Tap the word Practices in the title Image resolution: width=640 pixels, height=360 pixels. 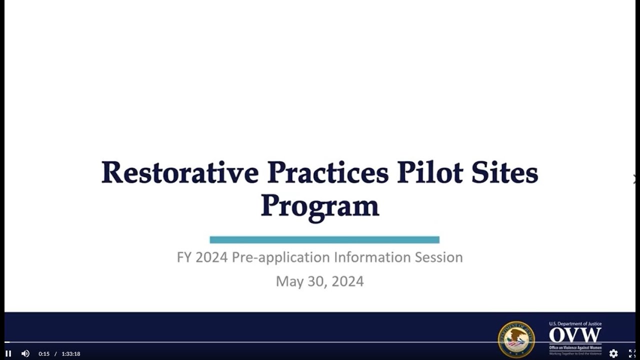(x=328, y=172)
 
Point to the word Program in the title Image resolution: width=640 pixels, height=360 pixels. (x=319, y=206)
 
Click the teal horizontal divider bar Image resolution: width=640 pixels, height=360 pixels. (x=324, y=240)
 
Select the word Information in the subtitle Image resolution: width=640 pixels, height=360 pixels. (x=372, y=257)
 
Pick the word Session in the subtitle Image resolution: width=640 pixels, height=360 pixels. (x=439, y=257)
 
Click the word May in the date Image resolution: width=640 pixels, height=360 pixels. (x=289, y=281)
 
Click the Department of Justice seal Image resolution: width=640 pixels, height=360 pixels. (x=516, y=339)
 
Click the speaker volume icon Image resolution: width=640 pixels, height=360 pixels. (x=25, y=353)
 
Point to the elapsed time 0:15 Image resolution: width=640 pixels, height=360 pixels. (x=44, y=354)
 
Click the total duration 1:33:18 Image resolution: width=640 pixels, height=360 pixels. (x=71, y=354)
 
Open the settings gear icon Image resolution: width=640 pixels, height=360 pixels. (x=613, y=353)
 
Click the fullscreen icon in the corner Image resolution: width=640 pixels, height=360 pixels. (x=632, y=353)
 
